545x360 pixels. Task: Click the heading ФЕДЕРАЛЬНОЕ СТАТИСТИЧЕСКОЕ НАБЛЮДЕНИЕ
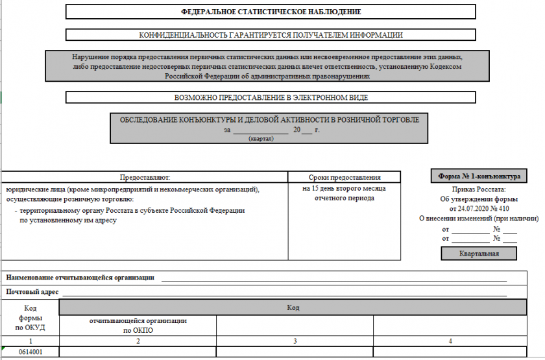pyautogui.click(x=271, y=12)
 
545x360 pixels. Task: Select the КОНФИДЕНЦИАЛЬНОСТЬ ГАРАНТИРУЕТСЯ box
pyautogui.click(x=271, y=35)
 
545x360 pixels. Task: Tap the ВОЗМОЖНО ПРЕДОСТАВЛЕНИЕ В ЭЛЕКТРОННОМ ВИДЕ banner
pyautogui.click(x=271, y=98)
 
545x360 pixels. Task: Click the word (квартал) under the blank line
pyautogui.click(x=261, y=138)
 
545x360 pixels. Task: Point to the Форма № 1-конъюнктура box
pyautogui.click(x=479, y=176)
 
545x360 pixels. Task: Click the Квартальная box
pyautogui.click(x=479, y=254)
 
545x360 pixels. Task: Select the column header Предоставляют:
pyautogui.click(x=144, y=177)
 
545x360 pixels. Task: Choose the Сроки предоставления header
pyautogui.click(x=344, y=177)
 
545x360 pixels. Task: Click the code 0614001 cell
pyautogui.click(x=30, y=352)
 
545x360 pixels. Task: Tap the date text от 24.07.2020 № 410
pyautogui.click(x=479, y=209)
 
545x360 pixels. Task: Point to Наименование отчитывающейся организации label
pyautogui.click(x=80, y=278)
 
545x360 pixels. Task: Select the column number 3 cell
pyautogui.click(x=295, y=341)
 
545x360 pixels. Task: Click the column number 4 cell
pyautogui.click(x=449, y=341)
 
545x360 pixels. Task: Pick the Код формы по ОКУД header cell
pyautogui.click(x=30, y=318)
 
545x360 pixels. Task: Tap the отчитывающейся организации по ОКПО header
pyautogui.click(x=138, y=325)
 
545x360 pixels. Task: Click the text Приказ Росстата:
pyautogui.click(x=479, y=189)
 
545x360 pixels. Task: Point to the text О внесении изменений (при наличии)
pyautogui.click(x=479, y=219)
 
